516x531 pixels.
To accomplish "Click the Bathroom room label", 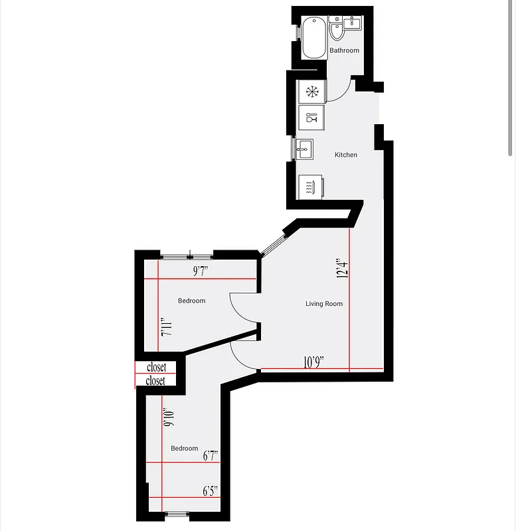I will tap(344, 50).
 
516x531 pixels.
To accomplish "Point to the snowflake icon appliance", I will tap(311, 91).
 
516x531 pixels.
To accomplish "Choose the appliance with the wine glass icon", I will tap(311, 119).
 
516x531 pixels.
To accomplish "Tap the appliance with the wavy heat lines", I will tap(309, 187).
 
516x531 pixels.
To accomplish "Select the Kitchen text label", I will tap(345, 155).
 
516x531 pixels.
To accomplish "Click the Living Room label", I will tap(324, 304).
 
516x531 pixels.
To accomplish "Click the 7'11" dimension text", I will tap(166, 328).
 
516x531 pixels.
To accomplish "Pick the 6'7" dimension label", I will tap(211, 455).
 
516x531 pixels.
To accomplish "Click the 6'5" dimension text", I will tap(211, 491).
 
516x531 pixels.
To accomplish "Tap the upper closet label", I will tap(156, 367).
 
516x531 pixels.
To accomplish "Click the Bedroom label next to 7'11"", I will tap(191, 301).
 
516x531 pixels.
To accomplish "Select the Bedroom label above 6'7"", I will tap(184, 448).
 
